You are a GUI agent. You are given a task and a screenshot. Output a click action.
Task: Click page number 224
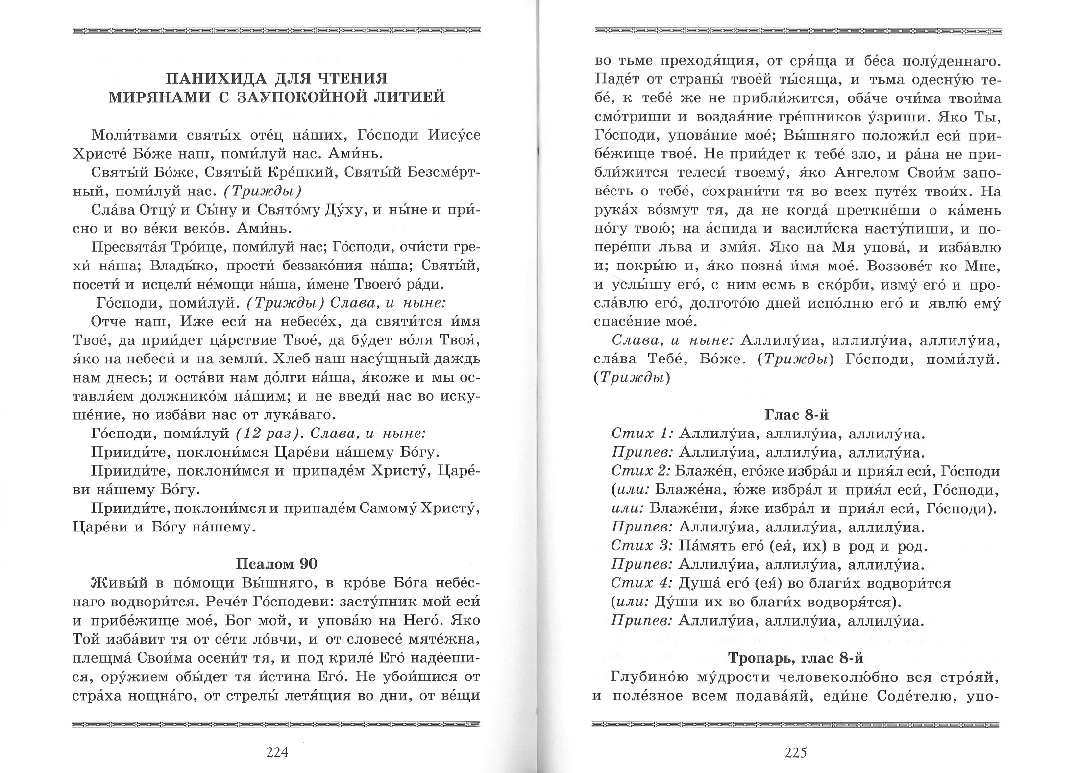(x=277, y=752)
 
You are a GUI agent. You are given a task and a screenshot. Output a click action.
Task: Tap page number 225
(x=796, y=752)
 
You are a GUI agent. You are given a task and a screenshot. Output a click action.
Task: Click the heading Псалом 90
(x=277, y=564)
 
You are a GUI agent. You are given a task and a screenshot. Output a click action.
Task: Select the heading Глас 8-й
(x=797, y=415)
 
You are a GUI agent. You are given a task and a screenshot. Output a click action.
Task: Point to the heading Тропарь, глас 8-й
(x=796, y=658)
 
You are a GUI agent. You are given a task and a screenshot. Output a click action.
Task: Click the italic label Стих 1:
(x=642, y=434)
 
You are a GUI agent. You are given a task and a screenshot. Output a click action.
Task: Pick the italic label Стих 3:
(x=642, y=546)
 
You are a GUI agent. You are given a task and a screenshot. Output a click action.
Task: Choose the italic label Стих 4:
(x=642, y=583)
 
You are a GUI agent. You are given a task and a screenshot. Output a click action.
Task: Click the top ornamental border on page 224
(x=276, y=31)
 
